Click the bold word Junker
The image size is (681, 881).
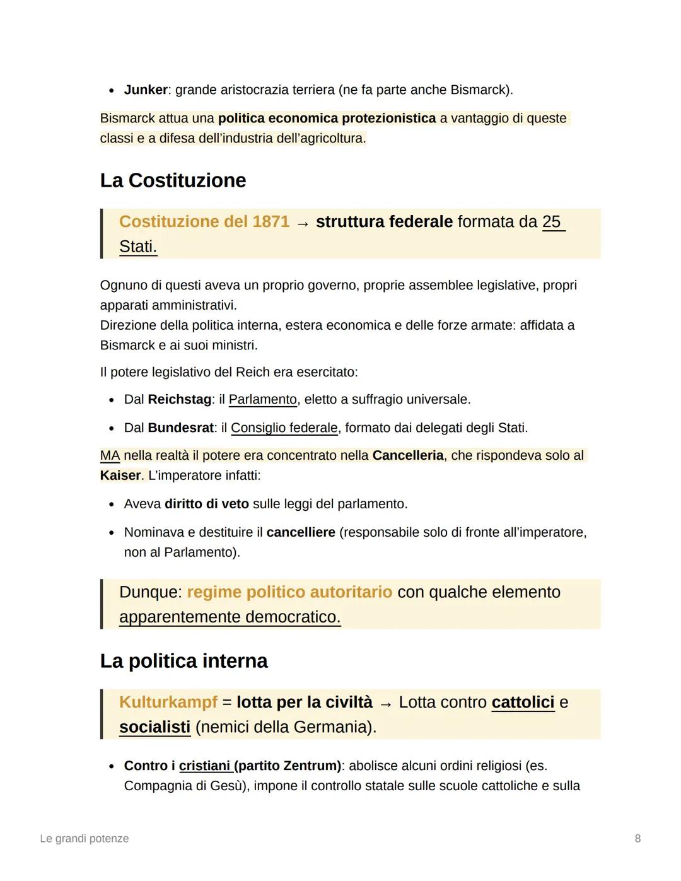tap(146, 90)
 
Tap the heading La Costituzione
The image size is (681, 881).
tap(173, 180)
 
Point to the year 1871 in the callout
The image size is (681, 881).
tap(271, 222)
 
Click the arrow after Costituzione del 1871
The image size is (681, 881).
tap(303, 223)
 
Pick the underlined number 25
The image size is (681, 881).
tap(552, 222)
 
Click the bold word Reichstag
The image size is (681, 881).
tap(179, 400)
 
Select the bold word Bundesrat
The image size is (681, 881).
tap(180, 428)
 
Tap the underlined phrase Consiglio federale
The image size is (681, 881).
tap(284, 428)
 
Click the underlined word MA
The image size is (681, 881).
tap(110, 456)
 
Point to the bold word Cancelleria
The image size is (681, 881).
tap(408, 456)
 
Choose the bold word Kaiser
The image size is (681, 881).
tap(120, 476)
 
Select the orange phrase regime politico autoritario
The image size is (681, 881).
tap(289, 592)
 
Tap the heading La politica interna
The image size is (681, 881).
tap(183, 661)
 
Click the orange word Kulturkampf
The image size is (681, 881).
tap(168, 703)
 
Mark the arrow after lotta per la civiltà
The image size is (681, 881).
tap(386, 704)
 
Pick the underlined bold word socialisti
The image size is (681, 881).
tap(154, 727)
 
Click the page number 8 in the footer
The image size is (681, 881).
tap(637, 839)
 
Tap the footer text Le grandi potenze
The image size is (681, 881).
tap(84, 839)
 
